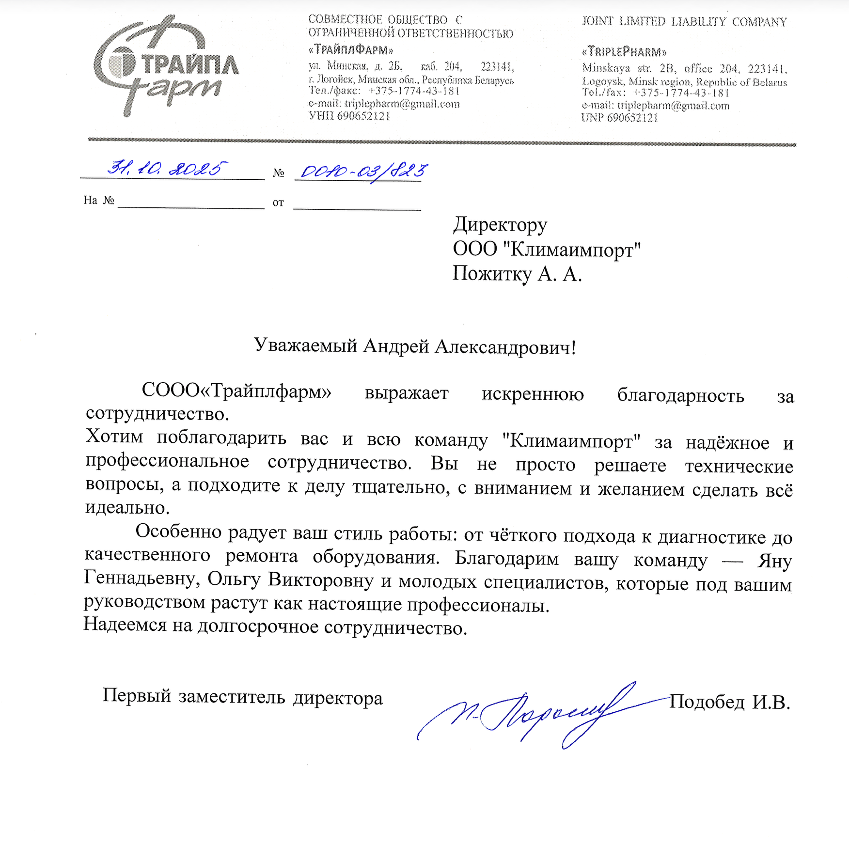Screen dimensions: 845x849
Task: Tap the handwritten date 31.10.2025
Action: pyautogui.click(x=166, y=169)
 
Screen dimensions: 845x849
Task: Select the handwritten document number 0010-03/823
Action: pyautogui.click(x=363, y=172)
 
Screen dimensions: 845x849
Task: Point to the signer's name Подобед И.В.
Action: pyautogui.click(x=729, y=702)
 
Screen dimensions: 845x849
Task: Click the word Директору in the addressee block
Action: pyautogui.click(x=500, y=225)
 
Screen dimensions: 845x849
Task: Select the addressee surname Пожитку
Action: pyautogui.click(x=492, y=274)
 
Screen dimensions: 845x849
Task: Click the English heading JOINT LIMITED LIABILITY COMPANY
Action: pyautogui.click(x=684, y=22)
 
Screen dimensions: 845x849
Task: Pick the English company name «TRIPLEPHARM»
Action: pyautogui.click(x=624, y=52)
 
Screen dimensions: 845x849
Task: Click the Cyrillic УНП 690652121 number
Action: pyautogui.click(x=349, y=116)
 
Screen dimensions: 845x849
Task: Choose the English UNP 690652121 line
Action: pyautogui.click(x=619, y=118)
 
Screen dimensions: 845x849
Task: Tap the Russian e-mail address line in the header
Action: pyautogui.click(x=384, y=104)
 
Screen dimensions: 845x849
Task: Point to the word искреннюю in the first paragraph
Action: pyautogui.click(x=532, y=394)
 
